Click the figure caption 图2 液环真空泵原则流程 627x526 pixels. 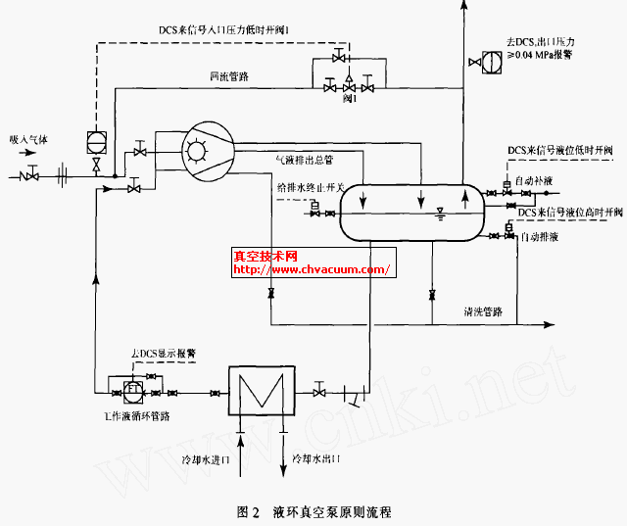pos(313,511)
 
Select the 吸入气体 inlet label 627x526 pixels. pos(28,141)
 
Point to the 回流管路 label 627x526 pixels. pos(227,76)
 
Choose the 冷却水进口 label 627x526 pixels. pos(204,457)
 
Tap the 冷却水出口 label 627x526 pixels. pos(315,457)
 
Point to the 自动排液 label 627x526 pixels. pos(540,237)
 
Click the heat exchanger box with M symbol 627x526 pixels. pos(255,393)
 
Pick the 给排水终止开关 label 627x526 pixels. pos(313,188)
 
